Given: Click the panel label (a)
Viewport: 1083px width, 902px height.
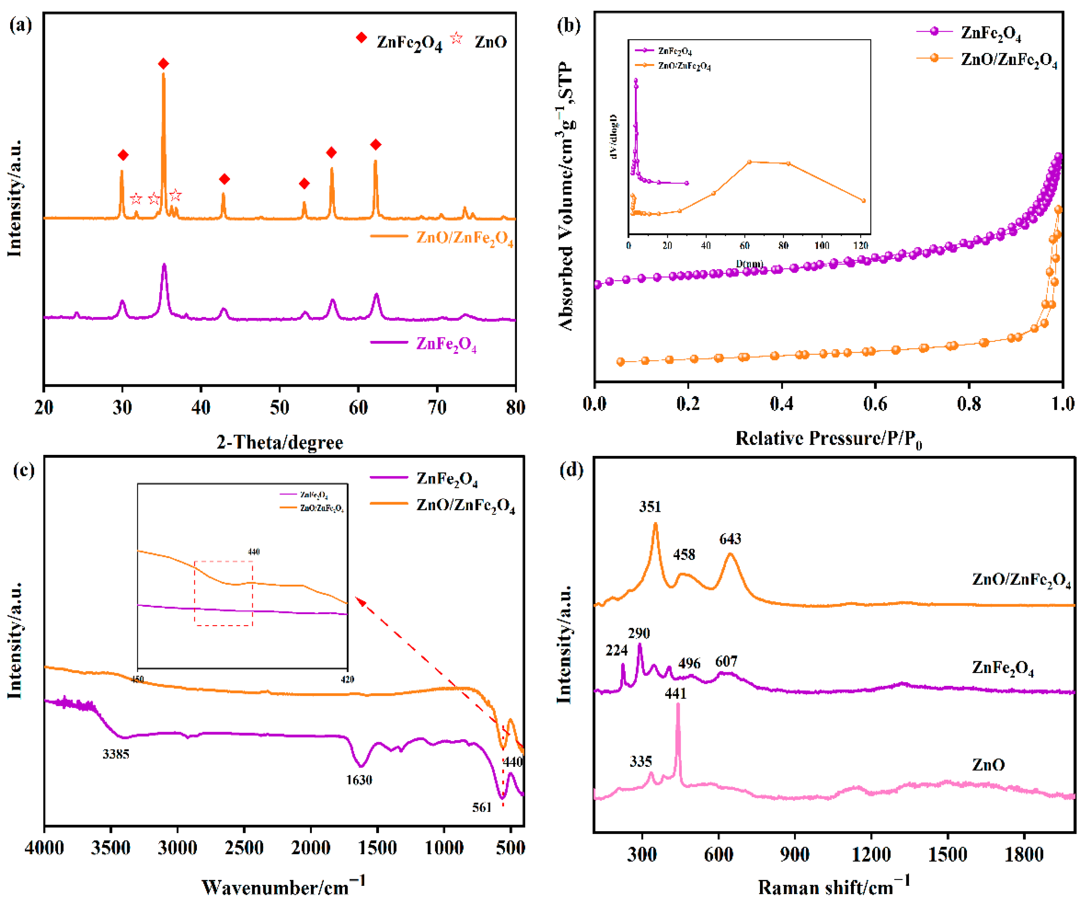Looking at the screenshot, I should pyautogui.click(x=21, y=24).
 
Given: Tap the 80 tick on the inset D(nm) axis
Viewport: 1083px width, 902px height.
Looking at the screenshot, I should pyautogui.click(x=783, y=245).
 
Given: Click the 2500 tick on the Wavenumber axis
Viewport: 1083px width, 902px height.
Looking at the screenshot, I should pyautogui.click(x=244, y=847).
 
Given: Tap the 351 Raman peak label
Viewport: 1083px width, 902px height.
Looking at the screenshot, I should pyautogui.click(x=650, y=507).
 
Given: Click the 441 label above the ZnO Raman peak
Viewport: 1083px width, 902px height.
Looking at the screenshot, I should pyautogui.click(x=676, y=694).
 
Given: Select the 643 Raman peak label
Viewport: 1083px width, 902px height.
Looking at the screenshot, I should pyautogui.click(x=730, y=539).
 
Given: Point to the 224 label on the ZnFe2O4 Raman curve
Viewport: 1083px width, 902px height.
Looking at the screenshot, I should pyautogui.click(x=616, y=650).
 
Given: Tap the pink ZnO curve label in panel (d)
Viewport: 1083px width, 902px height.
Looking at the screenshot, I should pyautogui.click(x=988, y=765).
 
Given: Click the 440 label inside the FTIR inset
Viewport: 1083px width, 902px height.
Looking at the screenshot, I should pyautogui.click(x=253, y=552).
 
